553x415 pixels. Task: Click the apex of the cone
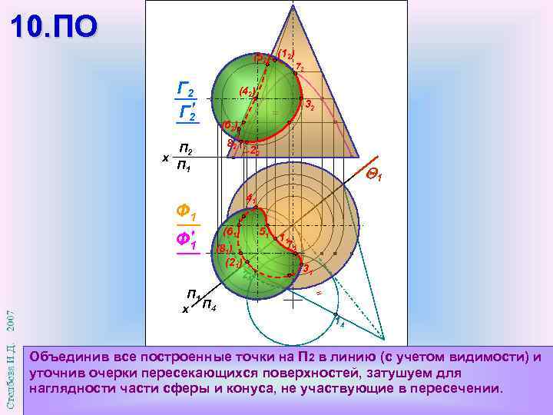coord(293,5)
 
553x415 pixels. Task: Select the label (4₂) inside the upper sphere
coord(247,91)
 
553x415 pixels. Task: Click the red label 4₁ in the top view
coord(251,198)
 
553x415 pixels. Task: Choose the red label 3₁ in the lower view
coord(306,268)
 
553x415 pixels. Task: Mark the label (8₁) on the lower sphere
coord(225,249)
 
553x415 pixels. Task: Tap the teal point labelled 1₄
coord(336,316)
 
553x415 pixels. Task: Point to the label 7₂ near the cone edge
coord(300,67)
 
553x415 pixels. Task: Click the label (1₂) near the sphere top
coord(285,54)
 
